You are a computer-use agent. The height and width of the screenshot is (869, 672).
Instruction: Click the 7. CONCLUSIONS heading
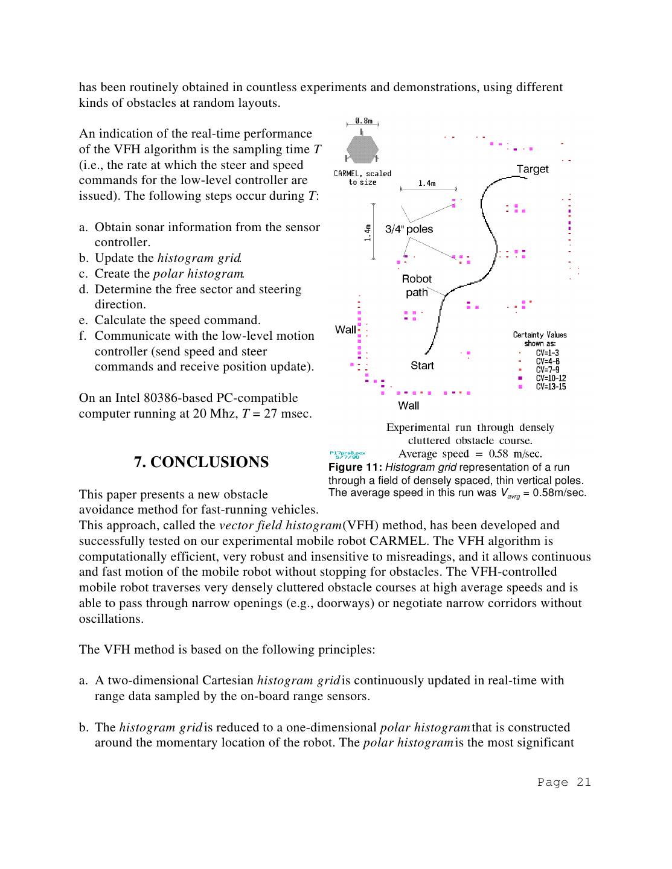click(201, 462)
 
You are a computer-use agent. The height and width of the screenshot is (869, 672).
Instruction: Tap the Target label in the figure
click(533, 169)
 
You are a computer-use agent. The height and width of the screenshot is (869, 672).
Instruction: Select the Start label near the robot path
click(422, 365)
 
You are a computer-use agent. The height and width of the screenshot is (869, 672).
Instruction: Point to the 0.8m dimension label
click(363, 121)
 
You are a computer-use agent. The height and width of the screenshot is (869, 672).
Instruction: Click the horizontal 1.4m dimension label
click(427, 183)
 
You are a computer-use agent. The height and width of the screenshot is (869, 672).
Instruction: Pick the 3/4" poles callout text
click(409, 229)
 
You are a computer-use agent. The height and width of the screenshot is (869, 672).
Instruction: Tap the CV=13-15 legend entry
click(551, 387)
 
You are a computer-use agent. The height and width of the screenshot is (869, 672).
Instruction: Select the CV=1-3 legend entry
click(547, 353)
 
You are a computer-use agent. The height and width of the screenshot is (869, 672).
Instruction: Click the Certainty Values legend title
click(540, 335)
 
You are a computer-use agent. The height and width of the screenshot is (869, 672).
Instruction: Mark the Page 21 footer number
click(564, 782)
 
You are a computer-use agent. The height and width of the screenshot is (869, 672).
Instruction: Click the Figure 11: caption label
click(355, 468)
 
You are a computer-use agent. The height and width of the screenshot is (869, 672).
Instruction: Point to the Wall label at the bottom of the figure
click(408, 406)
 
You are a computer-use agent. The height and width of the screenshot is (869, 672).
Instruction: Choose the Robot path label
click(417, 285)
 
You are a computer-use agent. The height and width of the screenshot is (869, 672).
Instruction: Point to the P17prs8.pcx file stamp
click(347, 454)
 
